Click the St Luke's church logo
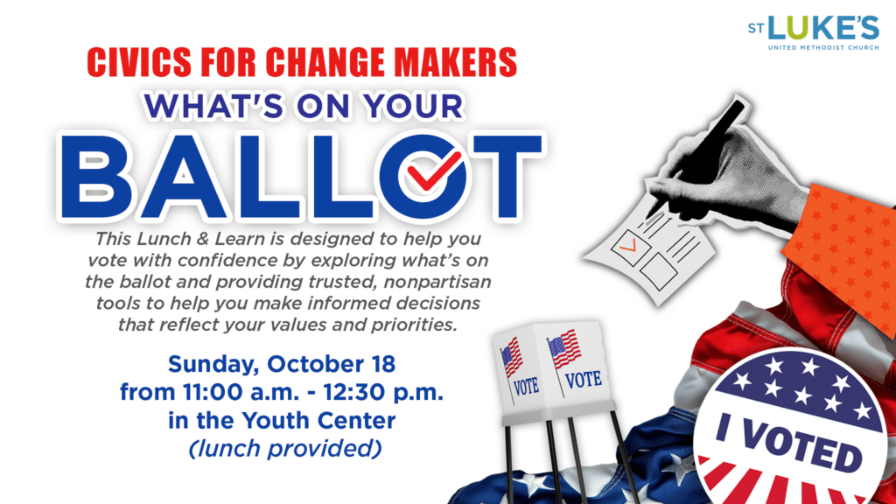coord(813,33)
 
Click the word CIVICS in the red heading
coord(139,62)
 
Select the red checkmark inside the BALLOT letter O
coord(432,171)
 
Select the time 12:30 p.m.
coord(383,393)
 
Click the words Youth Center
coord(318,421)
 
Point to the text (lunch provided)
coord(285,449)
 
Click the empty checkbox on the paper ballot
coord(658,272)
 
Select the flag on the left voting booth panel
coord(512,357)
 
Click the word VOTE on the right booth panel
coord(584,379)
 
